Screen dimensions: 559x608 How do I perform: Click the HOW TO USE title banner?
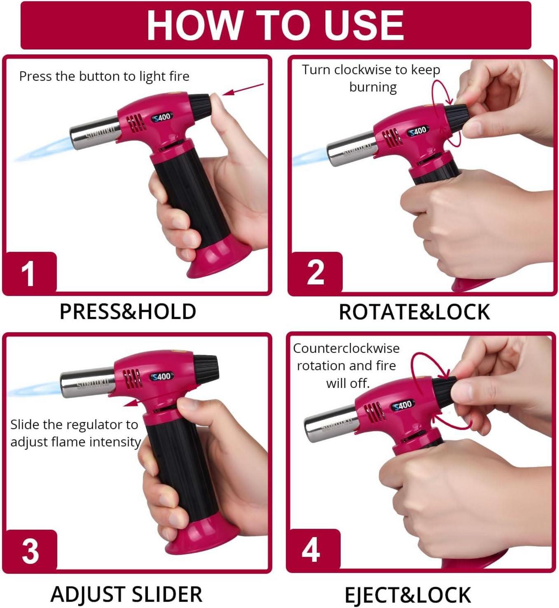[276, 25]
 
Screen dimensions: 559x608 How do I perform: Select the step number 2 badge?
[315, 272]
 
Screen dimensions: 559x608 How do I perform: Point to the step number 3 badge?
[30, 550]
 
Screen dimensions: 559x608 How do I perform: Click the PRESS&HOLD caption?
[128, 311]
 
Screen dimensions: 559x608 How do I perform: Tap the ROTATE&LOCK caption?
[414, 312]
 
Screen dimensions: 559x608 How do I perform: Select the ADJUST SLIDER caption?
[126, 594]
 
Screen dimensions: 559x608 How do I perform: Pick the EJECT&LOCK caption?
[408, 595]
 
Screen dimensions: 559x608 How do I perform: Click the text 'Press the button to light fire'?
[104, 76]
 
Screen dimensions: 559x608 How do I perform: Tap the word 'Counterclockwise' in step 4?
[346, 348]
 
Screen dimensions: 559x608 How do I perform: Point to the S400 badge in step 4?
[402, 405]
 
